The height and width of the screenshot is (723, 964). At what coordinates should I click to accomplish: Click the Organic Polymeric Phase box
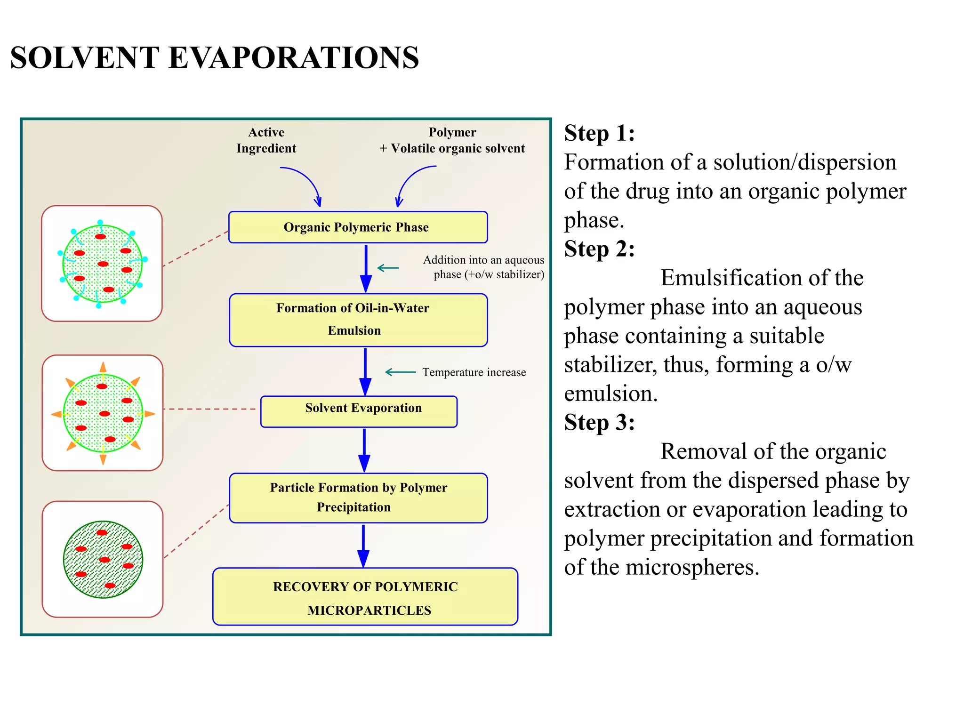coord(358,227)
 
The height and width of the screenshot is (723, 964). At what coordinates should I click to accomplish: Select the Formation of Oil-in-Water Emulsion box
coord(358,320)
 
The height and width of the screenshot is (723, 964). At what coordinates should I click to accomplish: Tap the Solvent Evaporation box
coord(359,411)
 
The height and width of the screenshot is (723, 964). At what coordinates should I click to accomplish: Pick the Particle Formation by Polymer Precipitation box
coord(358,498)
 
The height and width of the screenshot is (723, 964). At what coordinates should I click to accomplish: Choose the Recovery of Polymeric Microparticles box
coord(365,596)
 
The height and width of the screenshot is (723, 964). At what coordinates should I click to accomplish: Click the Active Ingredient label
coord(266,140)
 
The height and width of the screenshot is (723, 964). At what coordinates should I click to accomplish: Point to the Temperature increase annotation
coord(474,372)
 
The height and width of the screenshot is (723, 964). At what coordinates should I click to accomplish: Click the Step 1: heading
coord(599,133)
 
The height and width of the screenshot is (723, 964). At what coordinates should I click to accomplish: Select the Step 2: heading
coord(599,249)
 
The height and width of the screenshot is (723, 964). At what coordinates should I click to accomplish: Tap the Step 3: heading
coord(599,422)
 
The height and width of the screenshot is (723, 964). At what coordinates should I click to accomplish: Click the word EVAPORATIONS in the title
coord(293,58)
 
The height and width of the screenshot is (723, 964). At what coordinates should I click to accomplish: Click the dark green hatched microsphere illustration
coord(103,559)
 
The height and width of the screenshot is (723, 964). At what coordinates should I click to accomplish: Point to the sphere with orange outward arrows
coord(103,413)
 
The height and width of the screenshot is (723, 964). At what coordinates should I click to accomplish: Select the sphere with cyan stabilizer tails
coord(102,264)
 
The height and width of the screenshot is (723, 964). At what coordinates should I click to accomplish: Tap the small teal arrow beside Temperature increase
coord(400,372)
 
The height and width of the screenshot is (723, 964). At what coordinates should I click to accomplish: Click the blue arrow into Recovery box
coord(363,546)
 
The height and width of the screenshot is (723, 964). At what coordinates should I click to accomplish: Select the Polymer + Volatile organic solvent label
coord(452,140)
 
